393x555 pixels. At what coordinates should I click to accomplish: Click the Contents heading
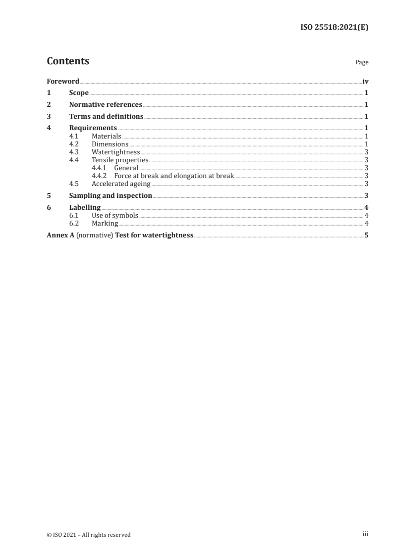tap(68, 61)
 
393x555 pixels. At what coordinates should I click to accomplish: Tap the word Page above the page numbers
tap(362, 62)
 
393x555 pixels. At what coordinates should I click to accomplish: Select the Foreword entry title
tap(63, 81)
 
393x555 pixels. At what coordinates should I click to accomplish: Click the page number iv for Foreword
tap(365, 81)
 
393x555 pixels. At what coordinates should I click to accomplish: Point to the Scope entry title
tap(79, 93)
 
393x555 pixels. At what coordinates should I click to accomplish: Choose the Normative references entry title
tap(106, 105)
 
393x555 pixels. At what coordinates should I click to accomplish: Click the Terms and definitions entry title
tap(106, 117)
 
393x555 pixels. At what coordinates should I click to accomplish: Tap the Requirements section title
tap(93, 129)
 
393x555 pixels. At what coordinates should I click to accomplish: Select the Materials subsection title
tap(106, 136)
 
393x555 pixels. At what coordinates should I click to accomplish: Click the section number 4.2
tap(74, 144)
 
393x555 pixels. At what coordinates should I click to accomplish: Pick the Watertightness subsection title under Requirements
tap(115, 152)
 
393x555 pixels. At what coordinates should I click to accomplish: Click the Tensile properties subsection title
tap(120, 160)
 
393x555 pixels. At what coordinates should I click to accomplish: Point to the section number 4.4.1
tap(99, 168)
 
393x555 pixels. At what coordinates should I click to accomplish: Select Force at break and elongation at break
tap(173, 176)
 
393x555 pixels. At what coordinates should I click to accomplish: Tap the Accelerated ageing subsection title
tap(121, 184)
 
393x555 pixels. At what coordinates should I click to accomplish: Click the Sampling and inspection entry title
tap(111, 196)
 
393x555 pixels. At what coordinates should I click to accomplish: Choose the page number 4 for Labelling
tap(366, 208)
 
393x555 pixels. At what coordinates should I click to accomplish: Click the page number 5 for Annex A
tap(366, 235)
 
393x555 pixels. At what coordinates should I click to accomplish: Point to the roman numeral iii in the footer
tap(365, 534)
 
